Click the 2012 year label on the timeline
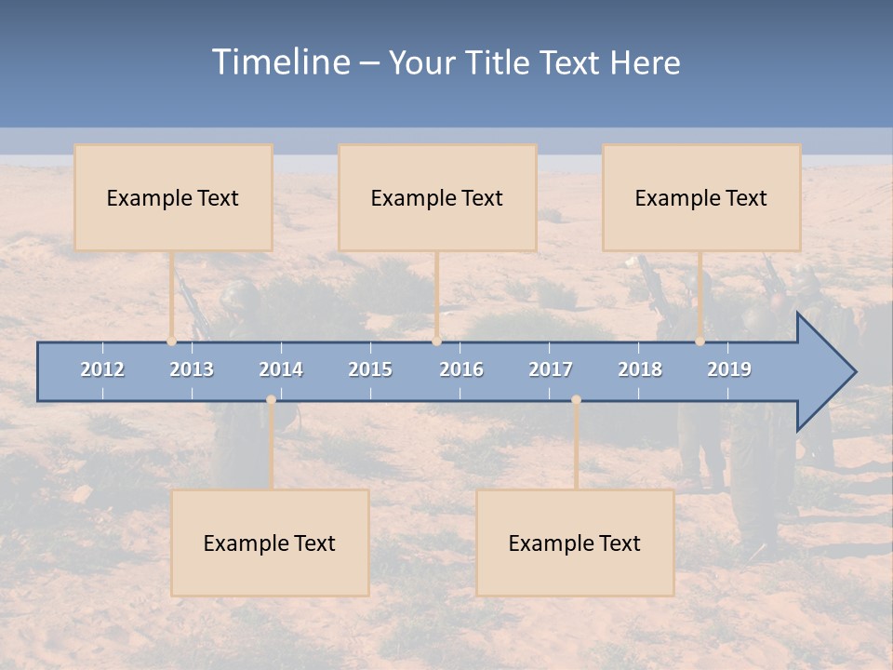point(102,369)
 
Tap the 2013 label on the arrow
point(192,369)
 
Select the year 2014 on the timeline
point(281,369)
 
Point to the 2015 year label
point(370,369)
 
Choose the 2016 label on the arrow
point(461,369)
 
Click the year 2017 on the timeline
point(551,369)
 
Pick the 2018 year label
point(640,369)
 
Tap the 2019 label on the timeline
point(729,369)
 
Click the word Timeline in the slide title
point(279,62)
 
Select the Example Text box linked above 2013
point(173,197)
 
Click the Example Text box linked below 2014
point(270,543)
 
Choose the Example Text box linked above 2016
point(437,197)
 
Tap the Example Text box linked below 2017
point(575,543)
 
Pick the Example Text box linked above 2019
point(701,197)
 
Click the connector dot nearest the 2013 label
point(172,342)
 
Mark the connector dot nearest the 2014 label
point(271,400)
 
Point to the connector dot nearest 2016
point(436,342)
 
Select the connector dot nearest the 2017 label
point(576,400)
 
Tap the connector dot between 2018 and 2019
point(700,342)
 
